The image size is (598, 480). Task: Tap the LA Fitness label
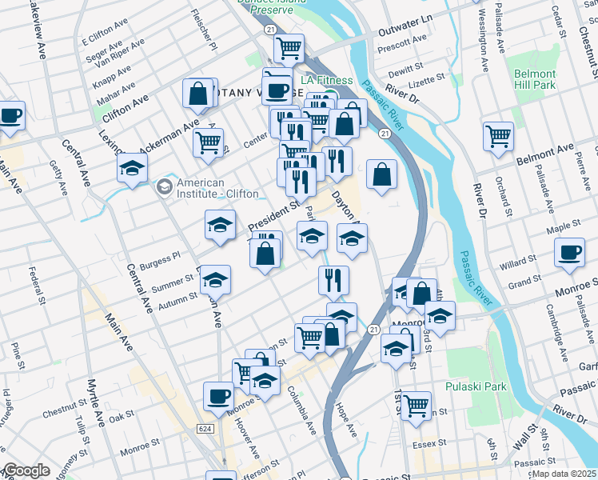(326, 80)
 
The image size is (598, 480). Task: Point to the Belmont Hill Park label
(535, 78)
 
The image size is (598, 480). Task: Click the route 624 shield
(205, 430)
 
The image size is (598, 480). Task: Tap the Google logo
(26, 471)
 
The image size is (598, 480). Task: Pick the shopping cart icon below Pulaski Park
(417, 406)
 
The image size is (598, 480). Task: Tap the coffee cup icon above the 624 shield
(218, 396)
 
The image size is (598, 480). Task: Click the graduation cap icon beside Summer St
(214, 280)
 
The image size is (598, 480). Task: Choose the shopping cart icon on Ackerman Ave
(208, 142)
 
